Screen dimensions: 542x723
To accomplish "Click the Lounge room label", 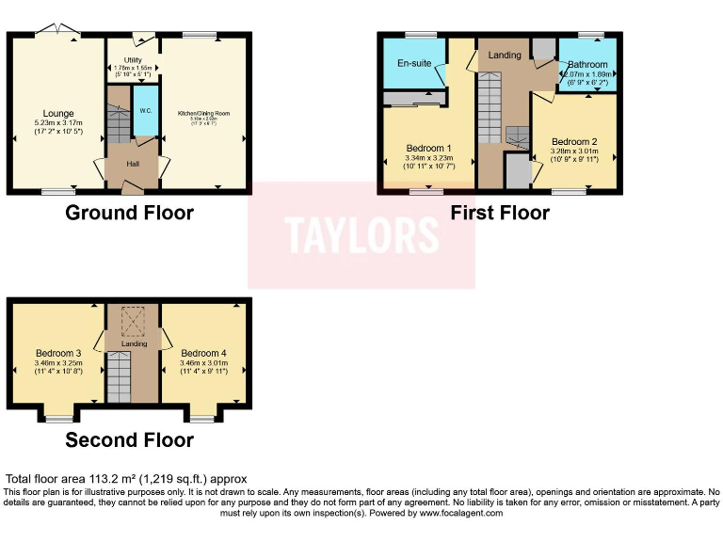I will (x=57, y=114).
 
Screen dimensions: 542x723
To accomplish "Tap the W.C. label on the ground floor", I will (x=146, y=111).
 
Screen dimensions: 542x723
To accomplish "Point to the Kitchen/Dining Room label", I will (x=204, y=113).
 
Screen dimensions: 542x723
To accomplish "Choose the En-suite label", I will (x=413, y=64).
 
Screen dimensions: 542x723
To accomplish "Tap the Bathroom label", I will (x=587, y=65).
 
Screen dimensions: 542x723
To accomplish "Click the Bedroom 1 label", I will (x=428, y=148).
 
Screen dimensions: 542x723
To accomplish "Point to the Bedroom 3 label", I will (x=58, y=354).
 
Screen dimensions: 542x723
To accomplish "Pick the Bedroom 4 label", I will (x=204, y=354).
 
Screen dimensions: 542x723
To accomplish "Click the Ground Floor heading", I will (x=129, y=213).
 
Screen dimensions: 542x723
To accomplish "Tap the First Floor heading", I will (x=499, y=213).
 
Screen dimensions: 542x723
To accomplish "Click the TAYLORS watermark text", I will (x=362, y=235).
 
